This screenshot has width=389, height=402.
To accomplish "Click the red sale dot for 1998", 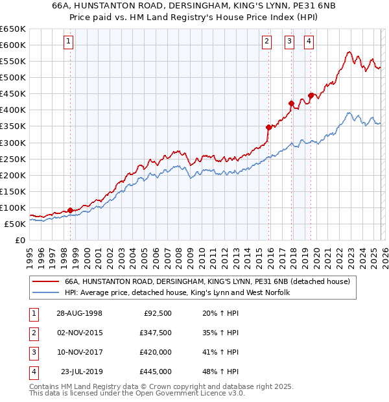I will (70, 210).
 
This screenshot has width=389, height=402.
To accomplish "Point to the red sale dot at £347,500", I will (267, 127).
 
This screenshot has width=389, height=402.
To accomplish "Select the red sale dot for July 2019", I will (311, 95).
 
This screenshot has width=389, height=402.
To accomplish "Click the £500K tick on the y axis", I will (13, 78).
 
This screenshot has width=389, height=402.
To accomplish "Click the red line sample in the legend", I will (46, 282).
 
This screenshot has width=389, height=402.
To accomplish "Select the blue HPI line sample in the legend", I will (46, 293).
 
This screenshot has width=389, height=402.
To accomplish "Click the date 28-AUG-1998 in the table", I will (79, 314).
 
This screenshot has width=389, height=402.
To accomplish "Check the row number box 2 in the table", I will (32, 333).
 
